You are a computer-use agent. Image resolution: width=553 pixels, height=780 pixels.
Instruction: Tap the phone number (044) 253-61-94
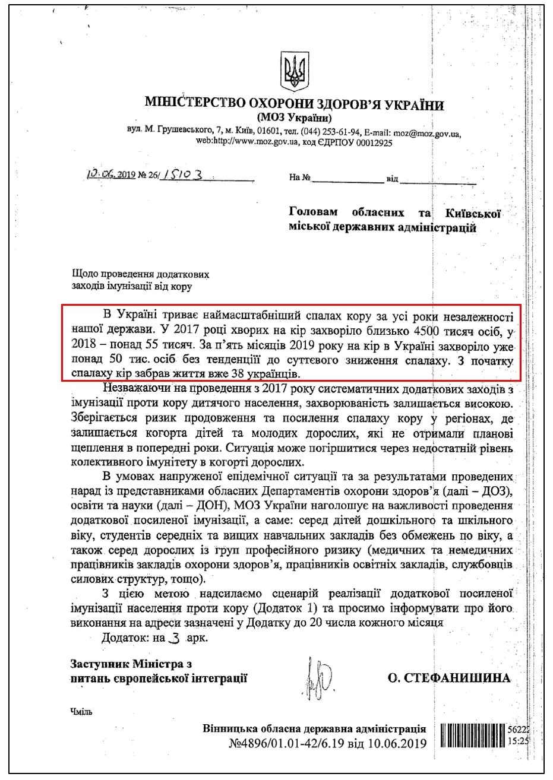328,132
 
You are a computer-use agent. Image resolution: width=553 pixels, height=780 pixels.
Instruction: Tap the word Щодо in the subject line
84,275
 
